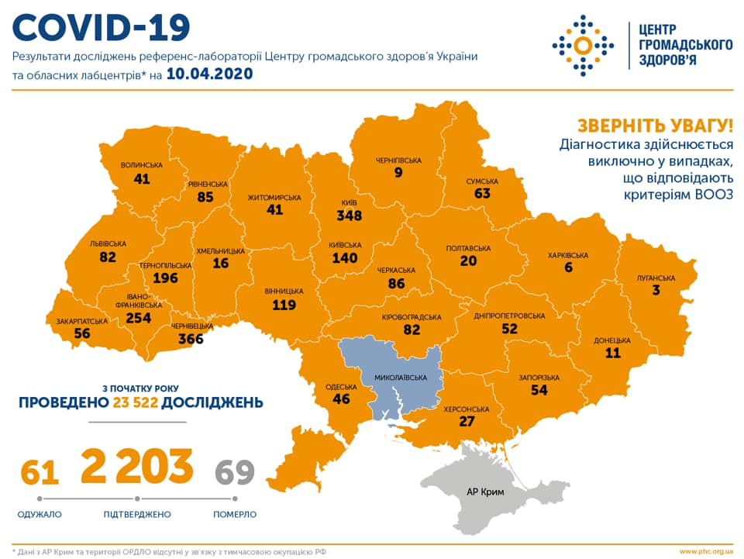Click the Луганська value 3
pyautogui.click(x=656, y=290)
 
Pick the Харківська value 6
pyautogui.click(x=568, y=267)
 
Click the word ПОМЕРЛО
pyautogui.click(x=235, y=514)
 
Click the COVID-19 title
pyautogui.click(x=102, y=28)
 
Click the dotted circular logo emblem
pyautogui.click(x=583, y=44)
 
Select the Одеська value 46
pyautogui.click(x=341, y=399)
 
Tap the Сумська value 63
pyautogui.click(x=482, y=193)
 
